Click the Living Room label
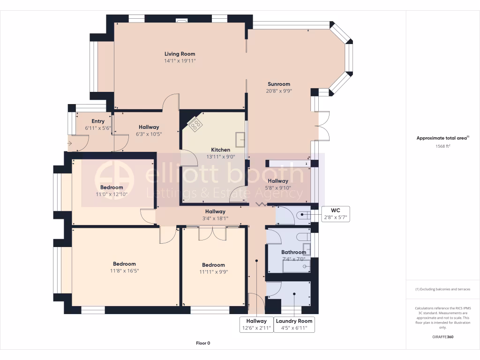click(x=180, y=54)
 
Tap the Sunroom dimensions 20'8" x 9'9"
click(x=279, y=91)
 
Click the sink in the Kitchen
click(x=240, y=140)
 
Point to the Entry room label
click(x=98, y=121)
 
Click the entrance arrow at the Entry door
click(x=69, y=143)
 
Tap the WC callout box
click(x=336, y=214)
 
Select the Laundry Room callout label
click(x=294, y=321)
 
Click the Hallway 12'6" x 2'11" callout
click(x=256, y=324)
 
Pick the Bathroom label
click(x=293, y=252)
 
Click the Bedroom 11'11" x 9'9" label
click(x=213, y=265)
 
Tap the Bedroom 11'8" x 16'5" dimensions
click(x=124, y=271)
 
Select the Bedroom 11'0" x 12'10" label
click(x=112, y=187)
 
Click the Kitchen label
click(x=220, y=150)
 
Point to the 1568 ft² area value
click(x=442, y=146)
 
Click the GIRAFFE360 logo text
click(x=442, y=337)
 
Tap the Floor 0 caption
click(x=203, y=343)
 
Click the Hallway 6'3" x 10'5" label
click(x=149, y=127)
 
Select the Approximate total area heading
click(x=442, y=138)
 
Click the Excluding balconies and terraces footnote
click(x=442, y=289)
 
